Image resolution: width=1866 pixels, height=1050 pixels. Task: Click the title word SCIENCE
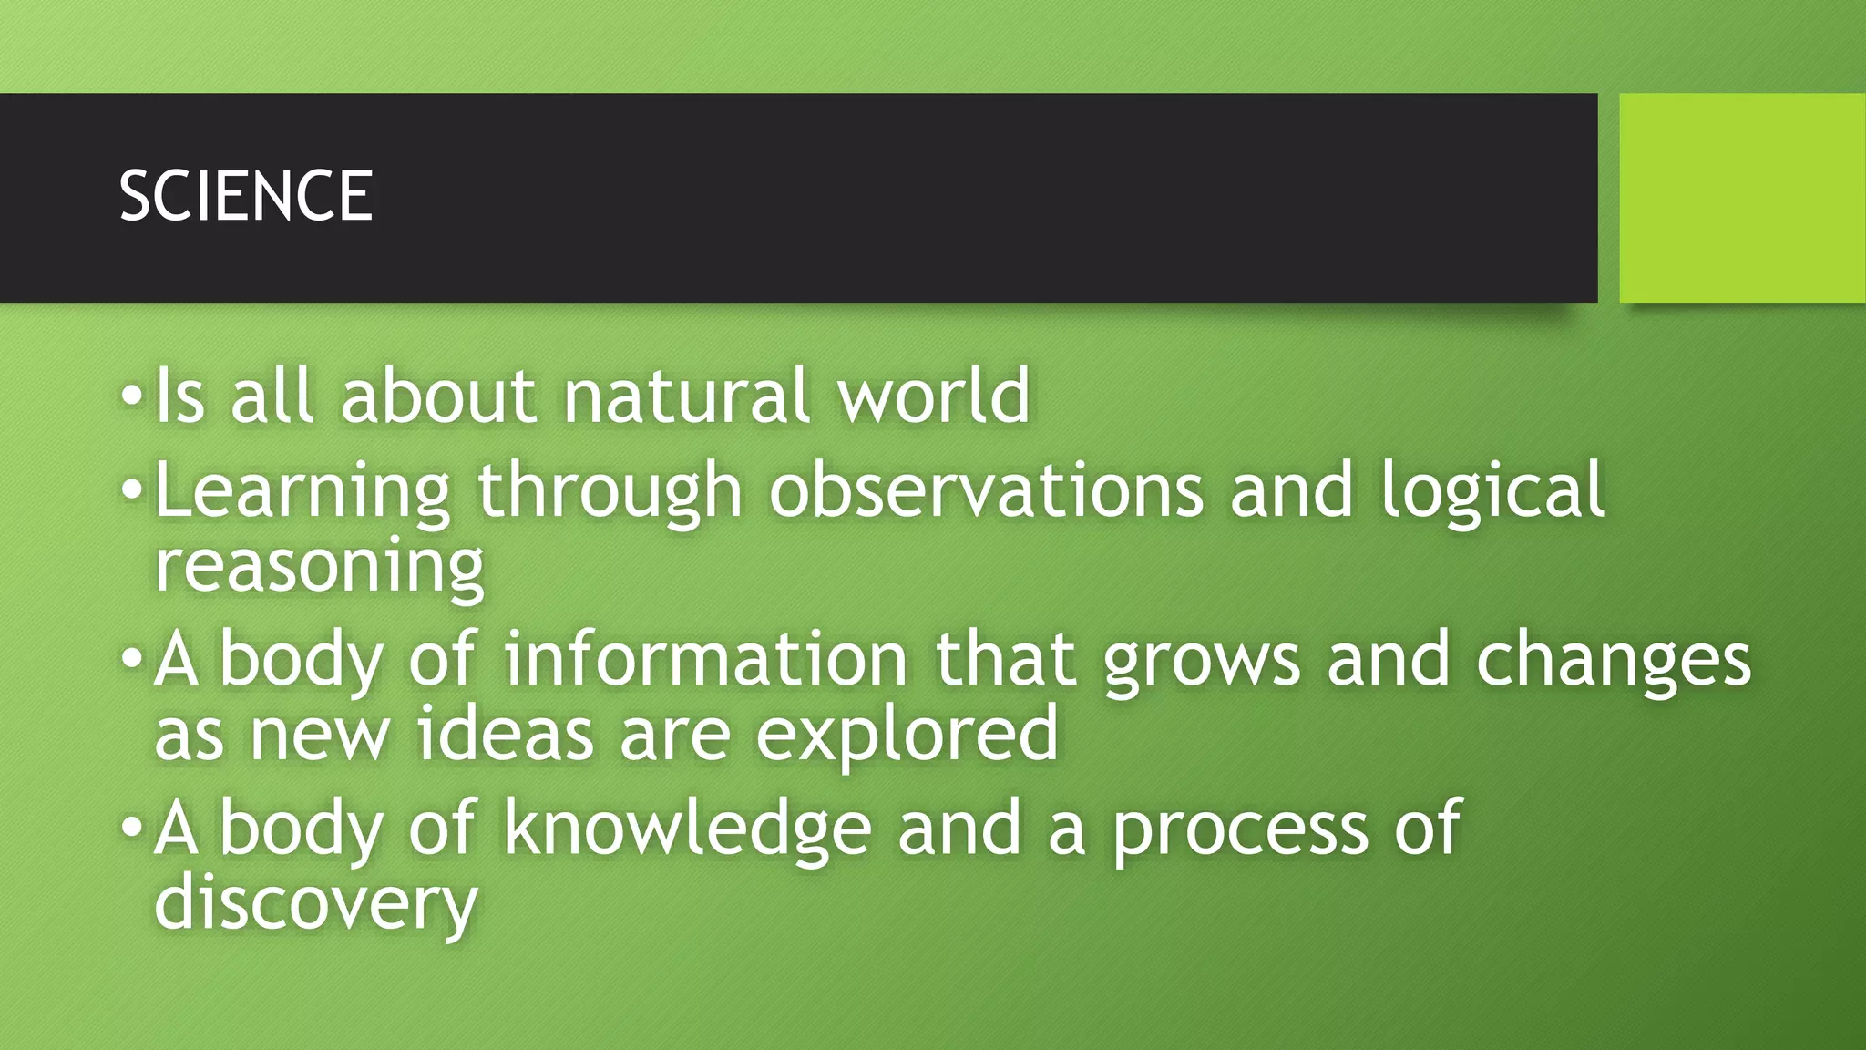(x=246, y=196)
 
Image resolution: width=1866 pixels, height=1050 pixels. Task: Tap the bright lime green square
(x=1742, y=198)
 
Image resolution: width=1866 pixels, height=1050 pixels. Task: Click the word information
(x=706, y=658)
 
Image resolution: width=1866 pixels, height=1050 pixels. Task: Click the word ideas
(x=506, y=734)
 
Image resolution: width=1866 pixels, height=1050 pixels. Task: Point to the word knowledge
(x=688, y=828)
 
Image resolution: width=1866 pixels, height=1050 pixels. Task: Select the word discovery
(x=316, y=904)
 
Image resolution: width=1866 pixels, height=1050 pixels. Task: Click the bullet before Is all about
(x=132, y=396)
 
